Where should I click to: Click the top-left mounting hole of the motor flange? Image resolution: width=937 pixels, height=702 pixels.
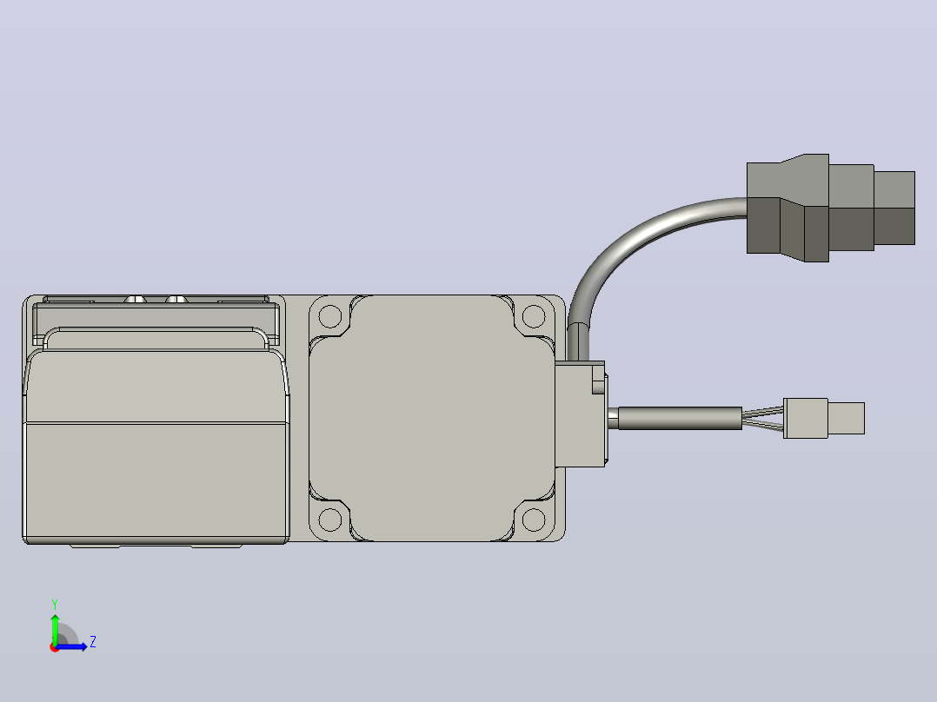pos(330,316)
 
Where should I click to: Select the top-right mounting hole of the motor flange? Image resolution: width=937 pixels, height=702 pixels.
pos(534,316)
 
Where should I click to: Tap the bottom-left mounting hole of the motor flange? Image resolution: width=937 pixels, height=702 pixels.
pos(330,520)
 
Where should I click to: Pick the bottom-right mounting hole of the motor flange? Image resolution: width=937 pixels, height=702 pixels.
pos(534,520)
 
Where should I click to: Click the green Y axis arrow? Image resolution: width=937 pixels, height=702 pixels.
pos(55,628)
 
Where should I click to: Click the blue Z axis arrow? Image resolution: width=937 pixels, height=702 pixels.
pos(71,646)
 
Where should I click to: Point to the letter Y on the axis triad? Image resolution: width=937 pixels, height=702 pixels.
pos(55,604)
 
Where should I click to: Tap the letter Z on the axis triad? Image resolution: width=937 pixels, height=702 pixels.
pos(93,642)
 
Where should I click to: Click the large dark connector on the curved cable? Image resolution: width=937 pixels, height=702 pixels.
pos(831,208)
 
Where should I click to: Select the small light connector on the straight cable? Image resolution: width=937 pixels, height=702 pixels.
pos(824,418)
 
